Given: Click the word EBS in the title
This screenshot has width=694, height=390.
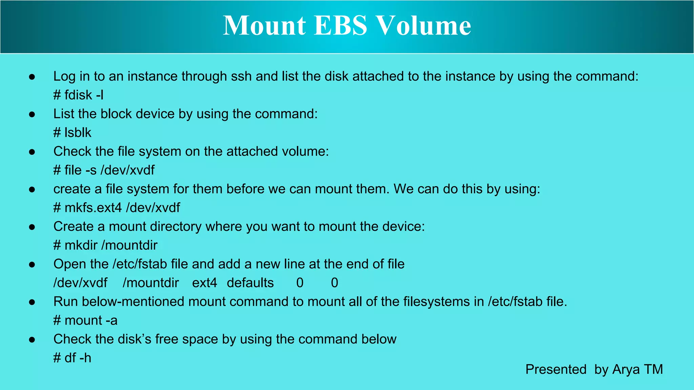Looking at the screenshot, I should (x=341, y=25).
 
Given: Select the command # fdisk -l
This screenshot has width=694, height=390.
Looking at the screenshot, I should (x=78, y=95).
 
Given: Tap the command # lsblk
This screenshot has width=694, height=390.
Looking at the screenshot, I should (x=72, y=133).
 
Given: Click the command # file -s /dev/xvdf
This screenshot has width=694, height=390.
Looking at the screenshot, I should (x=104, y=170).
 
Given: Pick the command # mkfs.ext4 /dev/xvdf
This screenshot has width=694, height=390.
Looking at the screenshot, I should (x=117, y=208).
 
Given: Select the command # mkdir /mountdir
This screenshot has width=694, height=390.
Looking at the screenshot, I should (x=105, y=245).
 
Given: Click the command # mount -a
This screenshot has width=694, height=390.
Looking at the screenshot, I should (x=85, y=320).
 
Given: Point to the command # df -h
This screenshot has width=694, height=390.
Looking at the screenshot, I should (x=72, y=358).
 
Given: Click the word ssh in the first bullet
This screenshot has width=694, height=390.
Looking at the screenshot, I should (x=241, y=77).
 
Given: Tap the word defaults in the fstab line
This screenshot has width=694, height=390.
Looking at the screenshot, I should (x=250, y=283).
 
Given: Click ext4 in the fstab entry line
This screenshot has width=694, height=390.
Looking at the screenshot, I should (x=204, y=283).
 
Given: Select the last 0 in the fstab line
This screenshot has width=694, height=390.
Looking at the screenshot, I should (x=334, y=283).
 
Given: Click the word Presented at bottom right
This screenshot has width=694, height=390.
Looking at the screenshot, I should (x=556, y=369).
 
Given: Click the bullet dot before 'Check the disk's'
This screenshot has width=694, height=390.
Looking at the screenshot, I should (x=32, y=340).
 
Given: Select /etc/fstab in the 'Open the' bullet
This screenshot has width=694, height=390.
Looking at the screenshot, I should (x=140, y=264).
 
